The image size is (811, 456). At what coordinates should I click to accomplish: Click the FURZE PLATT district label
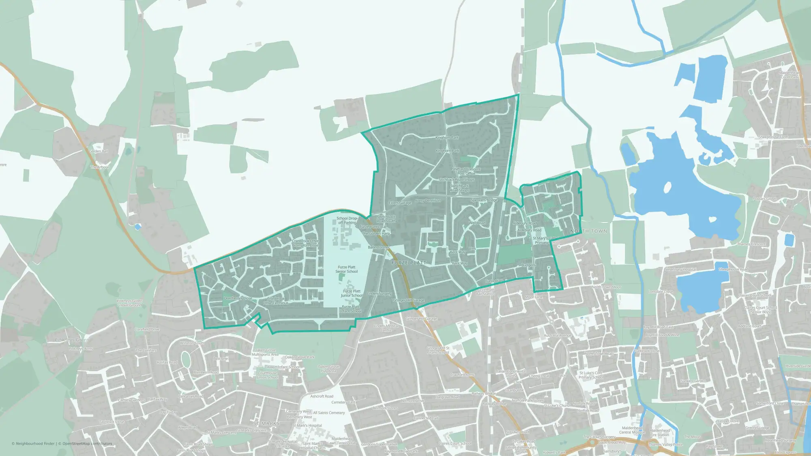click(x=409, y=263)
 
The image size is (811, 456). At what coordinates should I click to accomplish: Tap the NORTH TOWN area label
click(x=588, y=231)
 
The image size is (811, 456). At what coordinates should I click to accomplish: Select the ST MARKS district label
click(x=266, y=423)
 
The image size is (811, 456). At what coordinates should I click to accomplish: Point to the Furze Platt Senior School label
click(x=347, y=269)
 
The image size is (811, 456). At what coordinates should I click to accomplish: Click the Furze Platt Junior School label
click(x=352, y=293)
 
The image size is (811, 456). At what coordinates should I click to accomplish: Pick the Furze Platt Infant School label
click(x=351, y=309)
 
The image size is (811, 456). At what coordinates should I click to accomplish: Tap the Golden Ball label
click(x=99, y=151)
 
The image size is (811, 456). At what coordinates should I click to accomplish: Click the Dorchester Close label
click(x=238, y=298)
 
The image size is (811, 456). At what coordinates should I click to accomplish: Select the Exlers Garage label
click(x=400, y=203)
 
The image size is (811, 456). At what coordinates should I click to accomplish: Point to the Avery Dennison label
click(x=427, y=201)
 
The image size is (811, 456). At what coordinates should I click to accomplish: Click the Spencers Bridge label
click(x=484, y=200)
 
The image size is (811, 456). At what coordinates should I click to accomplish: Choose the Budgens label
click(x=528, y=265)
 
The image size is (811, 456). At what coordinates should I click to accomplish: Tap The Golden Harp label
click(x=376, y=233)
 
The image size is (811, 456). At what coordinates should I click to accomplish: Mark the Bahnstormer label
click(x=379, y=247)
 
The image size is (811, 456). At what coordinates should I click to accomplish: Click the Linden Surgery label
click(x=379, y=293)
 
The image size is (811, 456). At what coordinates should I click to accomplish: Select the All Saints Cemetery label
click(x=329, y=413)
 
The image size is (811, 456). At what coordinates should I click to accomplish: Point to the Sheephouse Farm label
click(x=773, y=137)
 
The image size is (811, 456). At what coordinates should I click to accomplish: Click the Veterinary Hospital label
click(x=681, y=270)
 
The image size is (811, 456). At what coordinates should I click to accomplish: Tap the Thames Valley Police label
click(x=665, y=445)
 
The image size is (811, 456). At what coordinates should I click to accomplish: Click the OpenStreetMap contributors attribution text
click(x=87, y=443)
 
